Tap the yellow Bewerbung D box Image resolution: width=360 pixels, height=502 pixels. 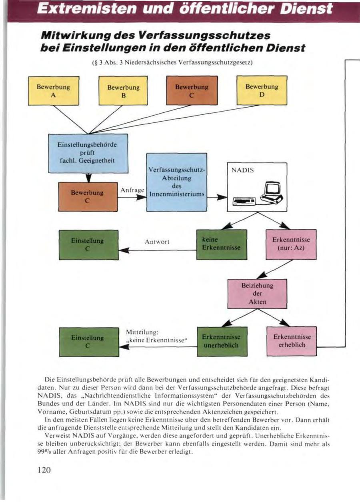pyautogui.click(x=262, y=91)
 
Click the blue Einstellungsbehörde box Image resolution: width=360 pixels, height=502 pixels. pyautogui.click(x=88, y=153)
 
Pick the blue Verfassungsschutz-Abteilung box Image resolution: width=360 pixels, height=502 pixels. pyautogui.click(x=176, y=182)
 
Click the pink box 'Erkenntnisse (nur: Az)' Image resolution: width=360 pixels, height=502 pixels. pyautogui.click(x=291, y=244)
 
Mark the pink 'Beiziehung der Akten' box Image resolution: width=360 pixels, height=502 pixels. pyautogui.click(x=257, y=293)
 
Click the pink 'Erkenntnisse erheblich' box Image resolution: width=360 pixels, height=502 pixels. pyautogui.click(x=291, y=341)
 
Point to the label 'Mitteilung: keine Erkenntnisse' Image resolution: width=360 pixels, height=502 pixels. pyautogui.click(x=157, y=337)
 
